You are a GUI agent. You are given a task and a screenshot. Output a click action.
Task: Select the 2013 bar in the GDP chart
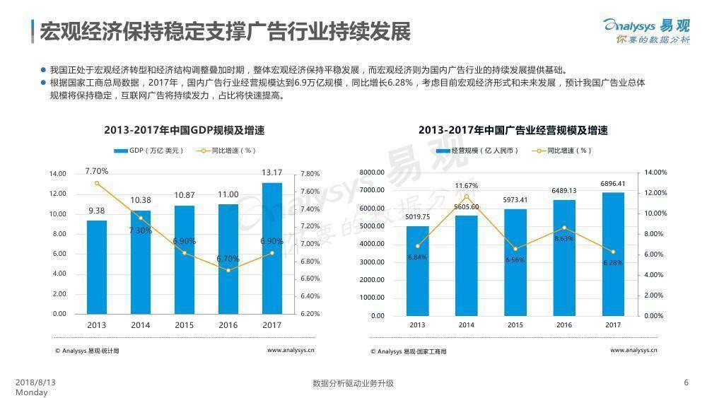click(x=97, y=267)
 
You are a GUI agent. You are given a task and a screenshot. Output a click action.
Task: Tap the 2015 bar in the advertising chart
click(x=515, y=262)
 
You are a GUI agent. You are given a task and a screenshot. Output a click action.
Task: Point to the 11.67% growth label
click(x=466, y=186)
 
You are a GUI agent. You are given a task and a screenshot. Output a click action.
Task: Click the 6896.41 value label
click(x=613, y=183)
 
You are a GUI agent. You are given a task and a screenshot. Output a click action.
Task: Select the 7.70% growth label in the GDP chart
click(x=97, y=170)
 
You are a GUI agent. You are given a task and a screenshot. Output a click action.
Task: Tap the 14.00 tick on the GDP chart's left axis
click(x=57, y=174)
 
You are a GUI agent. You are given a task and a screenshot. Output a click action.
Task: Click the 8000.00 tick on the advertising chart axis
click(x=371, y=172)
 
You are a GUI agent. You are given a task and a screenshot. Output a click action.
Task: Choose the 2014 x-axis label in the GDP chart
click(x=141, y=325)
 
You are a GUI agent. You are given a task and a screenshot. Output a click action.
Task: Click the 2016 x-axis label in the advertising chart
click(x=564, y=326)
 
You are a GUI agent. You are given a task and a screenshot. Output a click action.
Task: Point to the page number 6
click(x=686, y=382)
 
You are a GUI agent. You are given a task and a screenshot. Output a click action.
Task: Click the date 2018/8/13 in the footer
click(x=35, y=382)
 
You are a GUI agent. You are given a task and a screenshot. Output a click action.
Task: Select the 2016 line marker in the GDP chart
click(x=228, y=270)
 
